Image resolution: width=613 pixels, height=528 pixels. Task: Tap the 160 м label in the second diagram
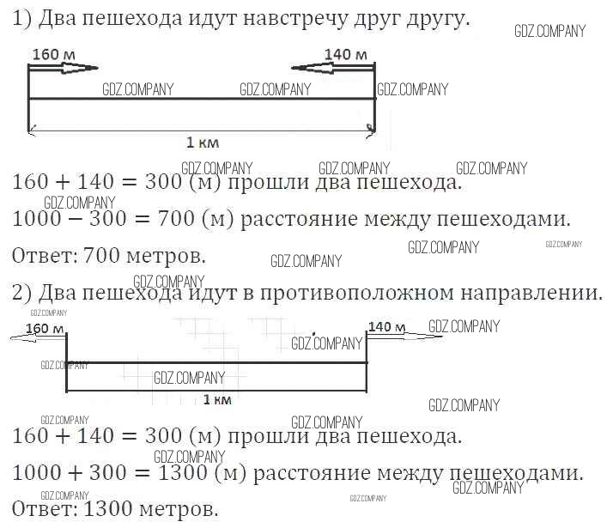[x=46, y=328]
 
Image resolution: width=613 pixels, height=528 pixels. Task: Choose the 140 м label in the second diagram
[x=385, y=325]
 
